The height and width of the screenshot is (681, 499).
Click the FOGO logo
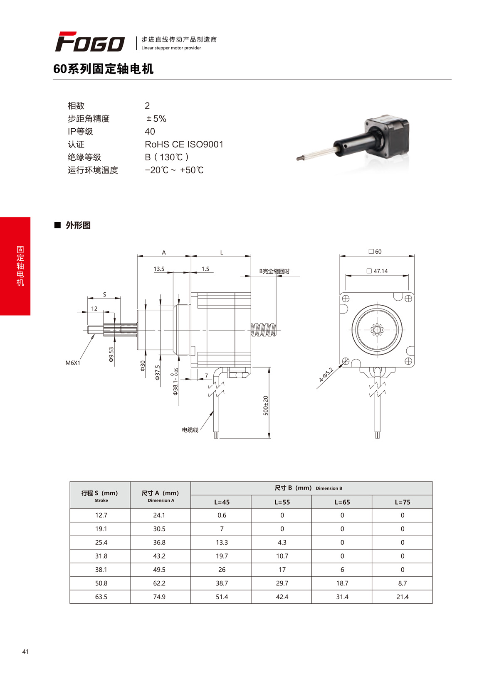(x=90, y=42)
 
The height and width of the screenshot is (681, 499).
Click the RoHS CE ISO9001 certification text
(x=184, y=145)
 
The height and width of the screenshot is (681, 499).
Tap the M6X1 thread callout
(x=73, y=363)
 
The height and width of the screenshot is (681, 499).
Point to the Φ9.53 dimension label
(x=111, y=355)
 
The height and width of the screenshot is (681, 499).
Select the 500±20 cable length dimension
(x=266, y=406)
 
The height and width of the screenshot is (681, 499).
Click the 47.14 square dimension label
(x=378, y=271)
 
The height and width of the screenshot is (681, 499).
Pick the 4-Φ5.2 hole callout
(x=326, y=375)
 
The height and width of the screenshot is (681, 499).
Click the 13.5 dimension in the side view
(x=159, y=269)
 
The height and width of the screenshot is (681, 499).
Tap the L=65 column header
(x=342, y=502)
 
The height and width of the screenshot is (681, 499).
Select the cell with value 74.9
(x=159, y=597)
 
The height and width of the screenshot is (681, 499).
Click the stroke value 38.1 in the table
(x=101, y=570)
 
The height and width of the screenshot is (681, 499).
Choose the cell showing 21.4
(x=402, y=597)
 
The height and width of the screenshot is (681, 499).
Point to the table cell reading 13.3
(x=222, y=542)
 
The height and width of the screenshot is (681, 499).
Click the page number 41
(x=26, y=652)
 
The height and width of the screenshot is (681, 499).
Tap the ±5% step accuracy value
(x=156, y=119)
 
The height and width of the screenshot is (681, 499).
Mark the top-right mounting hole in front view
(x=408, y=299)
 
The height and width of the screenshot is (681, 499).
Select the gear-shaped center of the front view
(x=377, y=331)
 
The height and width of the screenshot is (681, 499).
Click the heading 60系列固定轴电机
(x=104, y=69)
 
